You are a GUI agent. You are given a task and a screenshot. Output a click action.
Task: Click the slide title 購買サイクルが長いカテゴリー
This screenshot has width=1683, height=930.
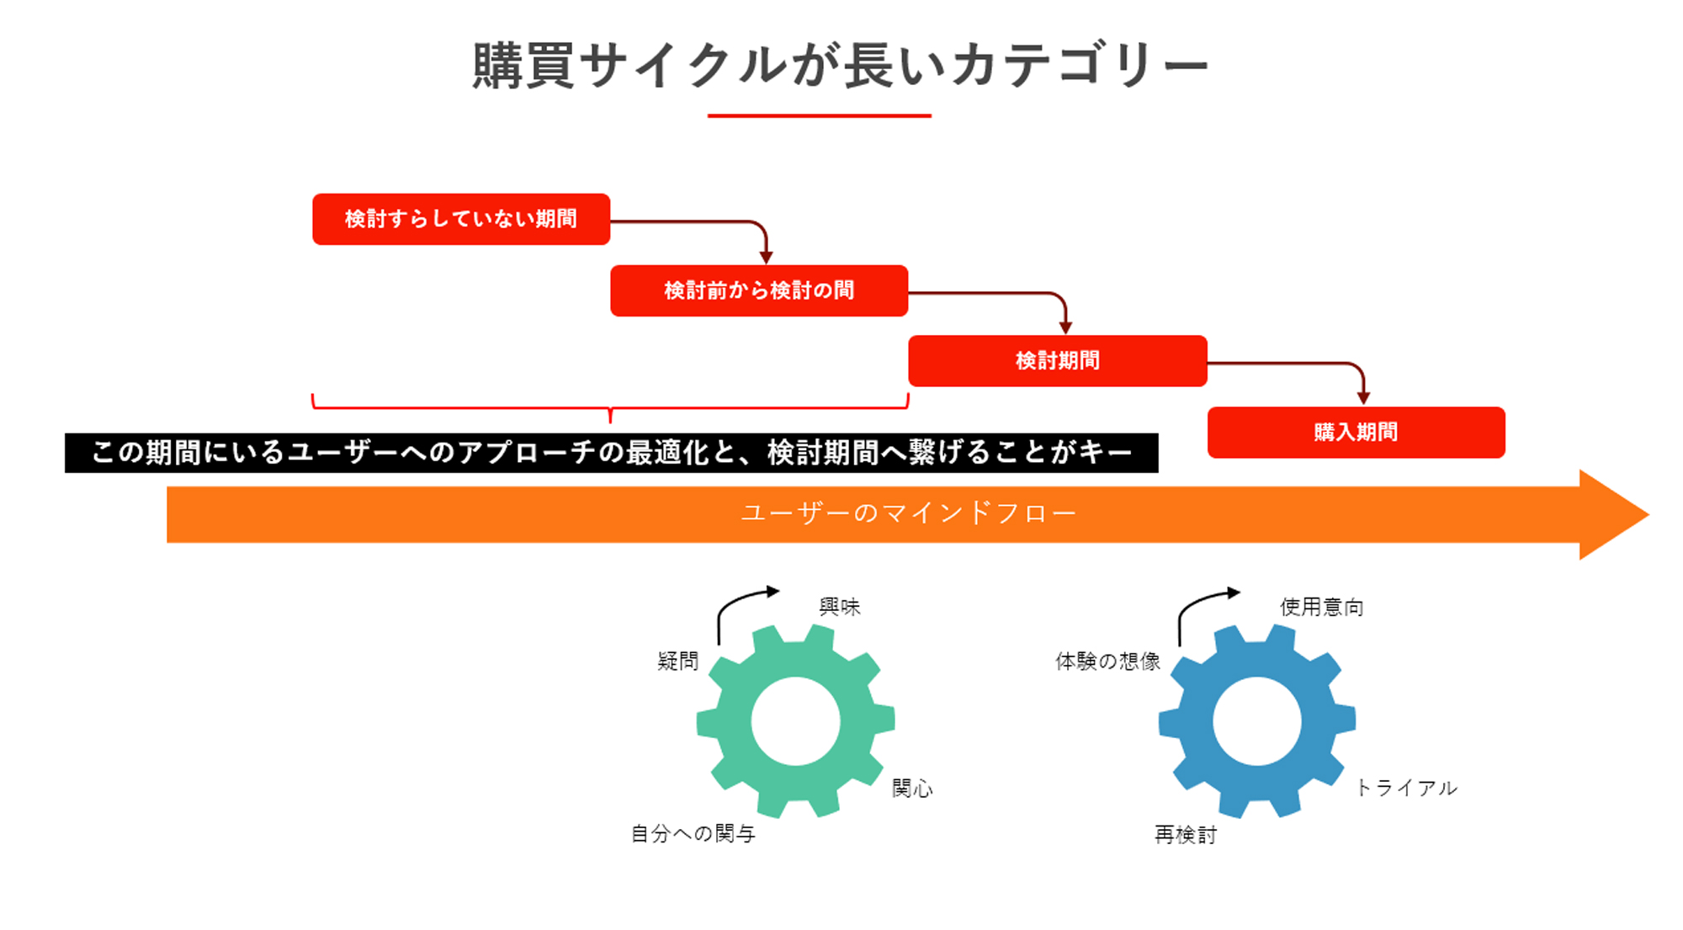[840, 66]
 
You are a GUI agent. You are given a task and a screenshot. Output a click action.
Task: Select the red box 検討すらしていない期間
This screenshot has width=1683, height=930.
[461, 220]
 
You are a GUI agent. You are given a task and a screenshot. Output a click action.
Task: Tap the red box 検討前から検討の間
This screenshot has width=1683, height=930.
[759, 290]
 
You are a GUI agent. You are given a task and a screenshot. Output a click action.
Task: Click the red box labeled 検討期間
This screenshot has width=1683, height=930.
[1058, 361]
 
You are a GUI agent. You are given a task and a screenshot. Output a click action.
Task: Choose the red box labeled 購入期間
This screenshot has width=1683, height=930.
[1356, 433]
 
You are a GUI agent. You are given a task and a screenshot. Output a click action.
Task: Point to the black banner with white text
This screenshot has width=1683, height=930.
[612, 453]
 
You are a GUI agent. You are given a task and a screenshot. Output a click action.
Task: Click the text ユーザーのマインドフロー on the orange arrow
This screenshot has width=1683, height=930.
[909, 513]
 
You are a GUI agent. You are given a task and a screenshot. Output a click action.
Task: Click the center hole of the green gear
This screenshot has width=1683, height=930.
[795, 721]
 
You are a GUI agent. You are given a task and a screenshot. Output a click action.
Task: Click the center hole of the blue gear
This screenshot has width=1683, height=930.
[1257, 721]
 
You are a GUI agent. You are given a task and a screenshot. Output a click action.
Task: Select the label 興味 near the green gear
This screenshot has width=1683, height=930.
[840, 607]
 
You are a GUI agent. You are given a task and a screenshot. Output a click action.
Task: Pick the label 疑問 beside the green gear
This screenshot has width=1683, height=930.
[678, 661]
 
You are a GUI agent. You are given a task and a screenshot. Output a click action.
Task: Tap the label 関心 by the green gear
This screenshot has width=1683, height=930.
[912, 788]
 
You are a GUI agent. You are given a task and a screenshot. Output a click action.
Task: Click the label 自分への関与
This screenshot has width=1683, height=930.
[693, 834]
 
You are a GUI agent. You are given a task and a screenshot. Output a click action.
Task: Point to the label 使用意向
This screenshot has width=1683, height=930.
[1322, 607]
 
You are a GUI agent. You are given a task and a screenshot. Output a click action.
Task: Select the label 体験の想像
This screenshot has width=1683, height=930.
[1108, 661]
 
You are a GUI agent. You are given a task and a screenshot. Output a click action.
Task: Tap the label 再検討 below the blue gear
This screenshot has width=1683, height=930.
[1186, 834]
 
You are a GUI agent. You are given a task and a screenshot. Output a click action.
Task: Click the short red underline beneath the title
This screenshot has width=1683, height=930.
[820, 115]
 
